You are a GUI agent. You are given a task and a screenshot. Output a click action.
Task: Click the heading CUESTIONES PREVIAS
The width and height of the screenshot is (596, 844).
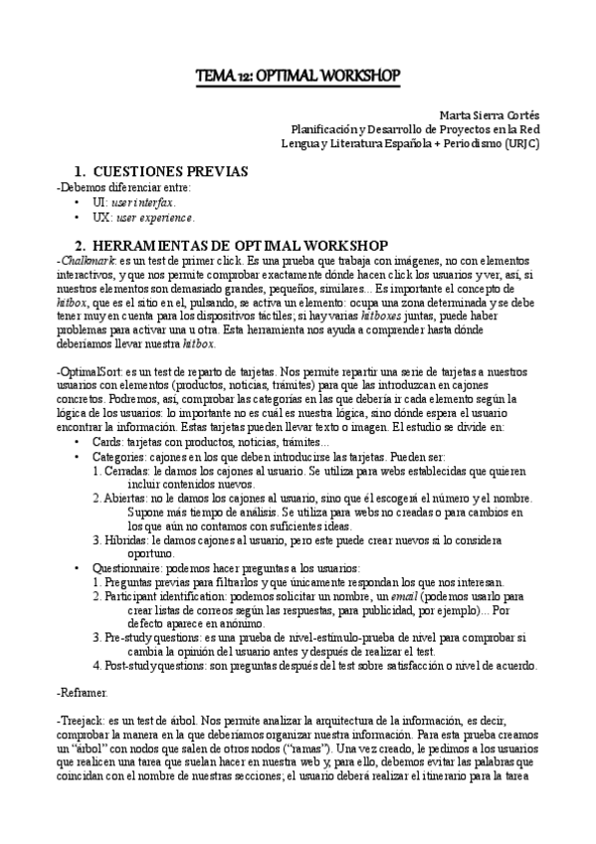click(x=175, y=171)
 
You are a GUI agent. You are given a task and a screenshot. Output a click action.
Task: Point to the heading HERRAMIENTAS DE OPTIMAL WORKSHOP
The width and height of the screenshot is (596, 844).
click(x=239, y=244)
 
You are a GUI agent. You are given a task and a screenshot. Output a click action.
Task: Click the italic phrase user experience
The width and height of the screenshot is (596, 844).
click(x=155, y=217)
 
